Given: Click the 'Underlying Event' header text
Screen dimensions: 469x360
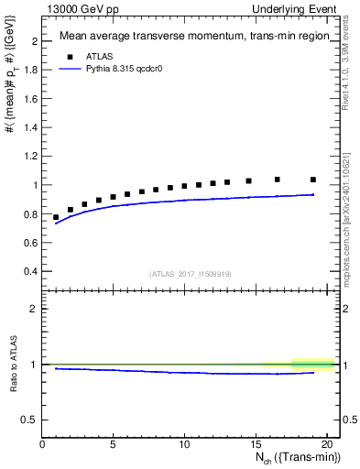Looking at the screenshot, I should (x=295, y=8).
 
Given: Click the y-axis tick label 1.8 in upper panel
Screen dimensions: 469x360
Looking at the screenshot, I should (x=31, y=71).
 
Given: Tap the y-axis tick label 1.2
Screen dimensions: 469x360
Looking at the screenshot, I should (x=31, y=157).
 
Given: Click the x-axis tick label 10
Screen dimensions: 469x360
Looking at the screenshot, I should (x=184, y=444).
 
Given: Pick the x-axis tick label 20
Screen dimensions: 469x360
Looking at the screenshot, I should (x=325, y=444).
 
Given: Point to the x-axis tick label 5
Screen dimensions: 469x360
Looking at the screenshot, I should (x=114, y=444).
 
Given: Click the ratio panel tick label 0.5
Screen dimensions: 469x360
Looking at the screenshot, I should (x=31, y=420).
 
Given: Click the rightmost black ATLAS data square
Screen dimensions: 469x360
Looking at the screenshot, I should (x=313, y=180).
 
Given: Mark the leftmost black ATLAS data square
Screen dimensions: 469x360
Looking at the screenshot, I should (x=57, y=217).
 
